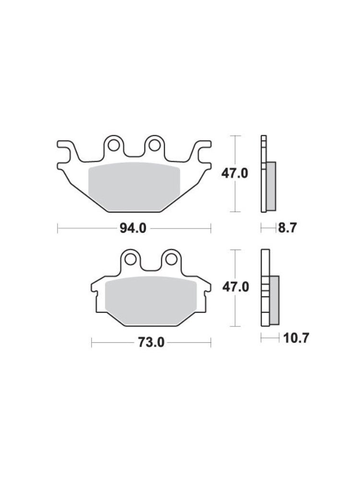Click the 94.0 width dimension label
coord(133,228)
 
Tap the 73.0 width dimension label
coord(151,342)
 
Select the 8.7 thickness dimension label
coord(288,228)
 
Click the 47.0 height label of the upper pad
coord(235,174)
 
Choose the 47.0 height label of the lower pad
coord(235,288)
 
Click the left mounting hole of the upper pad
coord(114,145)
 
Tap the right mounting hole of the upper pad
coord(155,145)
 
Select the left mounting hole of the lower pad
coord(131,260)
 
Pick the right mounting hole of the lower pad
coord(171,260)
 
